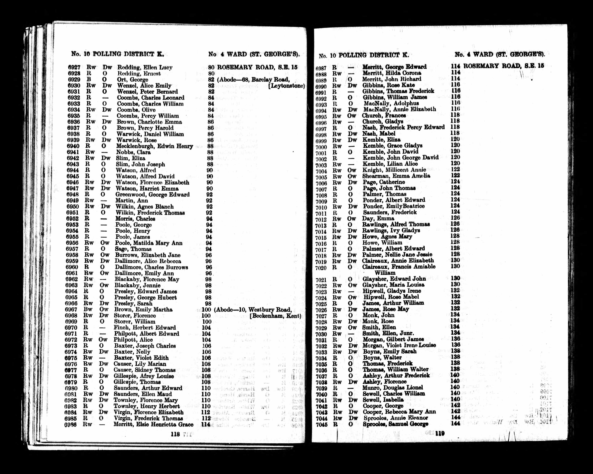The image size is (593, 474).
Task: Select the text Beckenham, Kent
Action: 275,316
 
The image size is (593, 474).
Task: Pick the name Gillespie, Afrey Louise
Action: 144,376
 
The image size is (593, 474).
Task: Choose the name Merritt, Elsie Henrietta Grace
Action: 153,424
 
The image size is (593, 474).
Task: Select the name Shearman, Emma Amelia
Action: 396,176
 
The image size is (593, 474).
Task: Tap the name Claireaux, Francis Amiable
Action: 399,267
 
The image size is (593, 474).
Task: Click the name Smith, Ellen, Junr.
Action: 388,333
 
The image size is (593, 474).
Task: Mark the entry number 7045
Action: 321,424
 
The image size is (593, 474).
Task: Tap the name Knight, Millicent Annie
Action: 394,170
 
